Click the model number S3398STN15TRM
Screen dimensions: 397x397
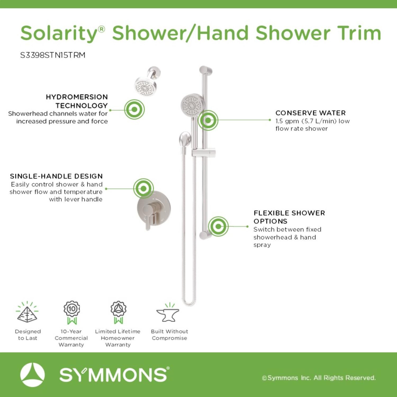(53, 55)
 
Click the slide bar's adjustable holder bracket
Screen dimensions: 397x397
(204, 153)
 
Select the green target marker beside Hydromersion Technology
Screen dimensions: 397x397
(134, 109)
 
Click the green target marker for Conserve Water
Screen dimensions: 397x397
(208, 120)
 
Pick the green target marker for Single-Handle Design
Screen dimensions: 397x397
(143, 188)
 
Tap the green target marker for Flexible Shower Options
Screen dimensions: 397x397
(218, 226)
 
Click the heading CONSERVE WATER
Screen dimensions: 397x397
(310, 113)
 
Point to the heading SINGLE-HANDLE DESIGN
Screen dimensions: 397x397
(56, 176)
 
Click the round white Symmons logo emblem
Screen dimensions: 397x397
(32, 375)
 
